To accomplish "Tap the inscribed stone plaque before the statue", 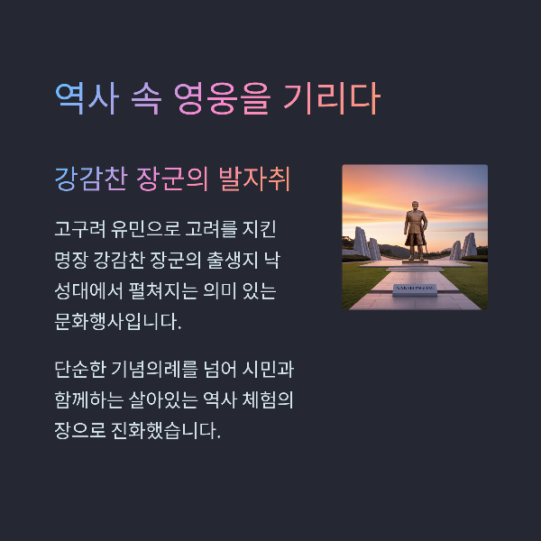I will point(416,289).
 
